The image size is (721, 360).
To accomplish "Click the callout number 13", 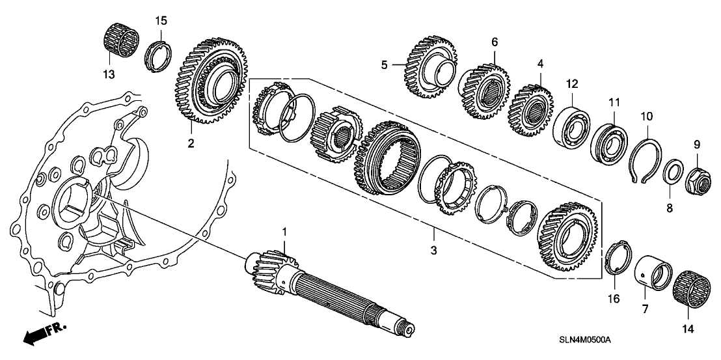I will [x=109, y=74].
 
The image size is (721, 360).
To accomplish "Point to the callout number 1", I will [x=284, y=231].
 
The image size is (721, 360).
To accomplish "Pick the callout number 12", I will [x=571, y=83].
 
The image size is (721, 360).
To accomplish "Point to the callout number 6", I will [x=495, y=42].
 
